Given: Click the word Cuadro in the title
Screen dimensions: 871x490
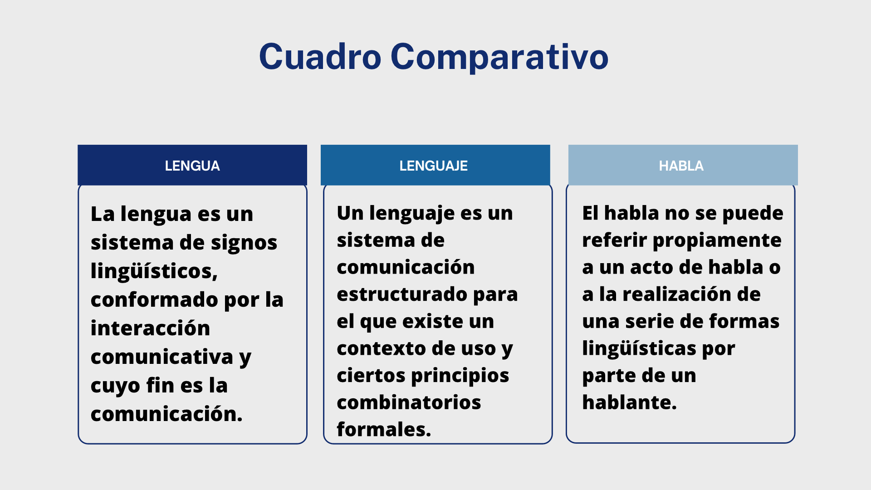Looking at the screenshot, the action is click(x=320, y=57).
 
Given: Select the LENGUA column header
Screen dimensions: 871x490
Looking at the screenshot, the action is click(x=192, y=165).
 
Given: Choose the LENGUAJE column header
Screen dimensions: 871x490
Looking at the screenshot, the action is click(x=435, y=165).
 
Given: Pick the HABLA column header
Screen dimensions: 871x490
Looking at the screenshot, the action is click(x=683, y=165).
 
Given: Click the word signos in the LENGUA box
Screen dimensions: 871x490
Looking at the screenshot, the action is click(x=244, y=243).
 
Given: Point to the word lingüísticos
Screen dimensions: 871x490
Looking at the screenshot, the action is click(x=154, y=271).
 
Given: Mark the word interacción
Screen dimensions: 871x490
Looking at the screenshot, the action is click(x=150, y=328).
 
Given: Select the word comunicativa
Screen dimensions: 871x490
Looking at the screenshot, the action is click(x=162, y=357).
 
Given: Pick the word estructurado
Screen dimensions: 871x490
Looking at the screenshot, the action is click(x=402, y=294).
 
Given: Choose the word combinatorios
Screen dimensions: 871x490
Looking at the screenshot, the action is click(x=409, y=402).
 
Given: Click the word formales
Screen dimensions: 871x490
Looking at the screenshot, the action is click(x=384, y=429).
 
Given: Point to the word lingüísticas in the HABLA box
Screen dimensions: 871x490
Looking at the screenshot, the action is click(x=639, y=348).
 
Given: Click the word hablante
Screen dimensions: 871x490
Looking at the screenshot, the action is click(x=629, y=402).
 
